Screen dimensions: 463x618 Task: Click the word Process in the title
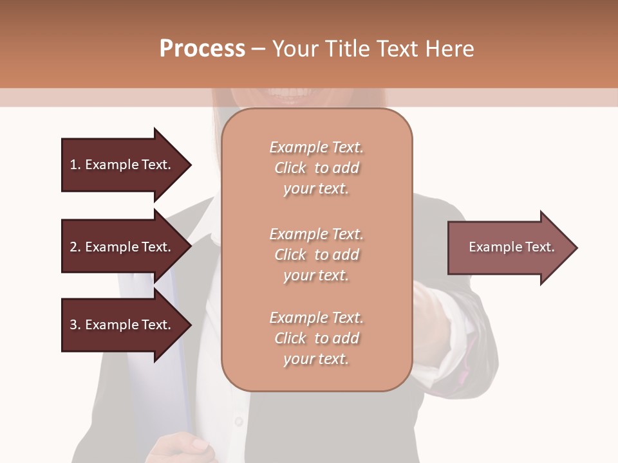coord(202,49)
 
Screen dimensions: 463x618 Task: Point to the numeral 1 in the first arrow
coord(73,165)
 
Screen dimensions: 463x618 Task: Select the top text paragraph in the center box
coord(316,168)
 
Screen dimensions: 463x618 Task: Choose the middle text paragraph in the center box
coord(316,254)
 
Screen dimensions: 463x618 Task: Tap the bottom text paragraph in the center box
coord(316,338)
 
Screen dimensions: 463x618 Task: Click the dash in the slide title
coord(258,50)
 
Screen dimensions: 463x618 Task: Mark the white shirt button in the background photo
coord(239,421)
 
